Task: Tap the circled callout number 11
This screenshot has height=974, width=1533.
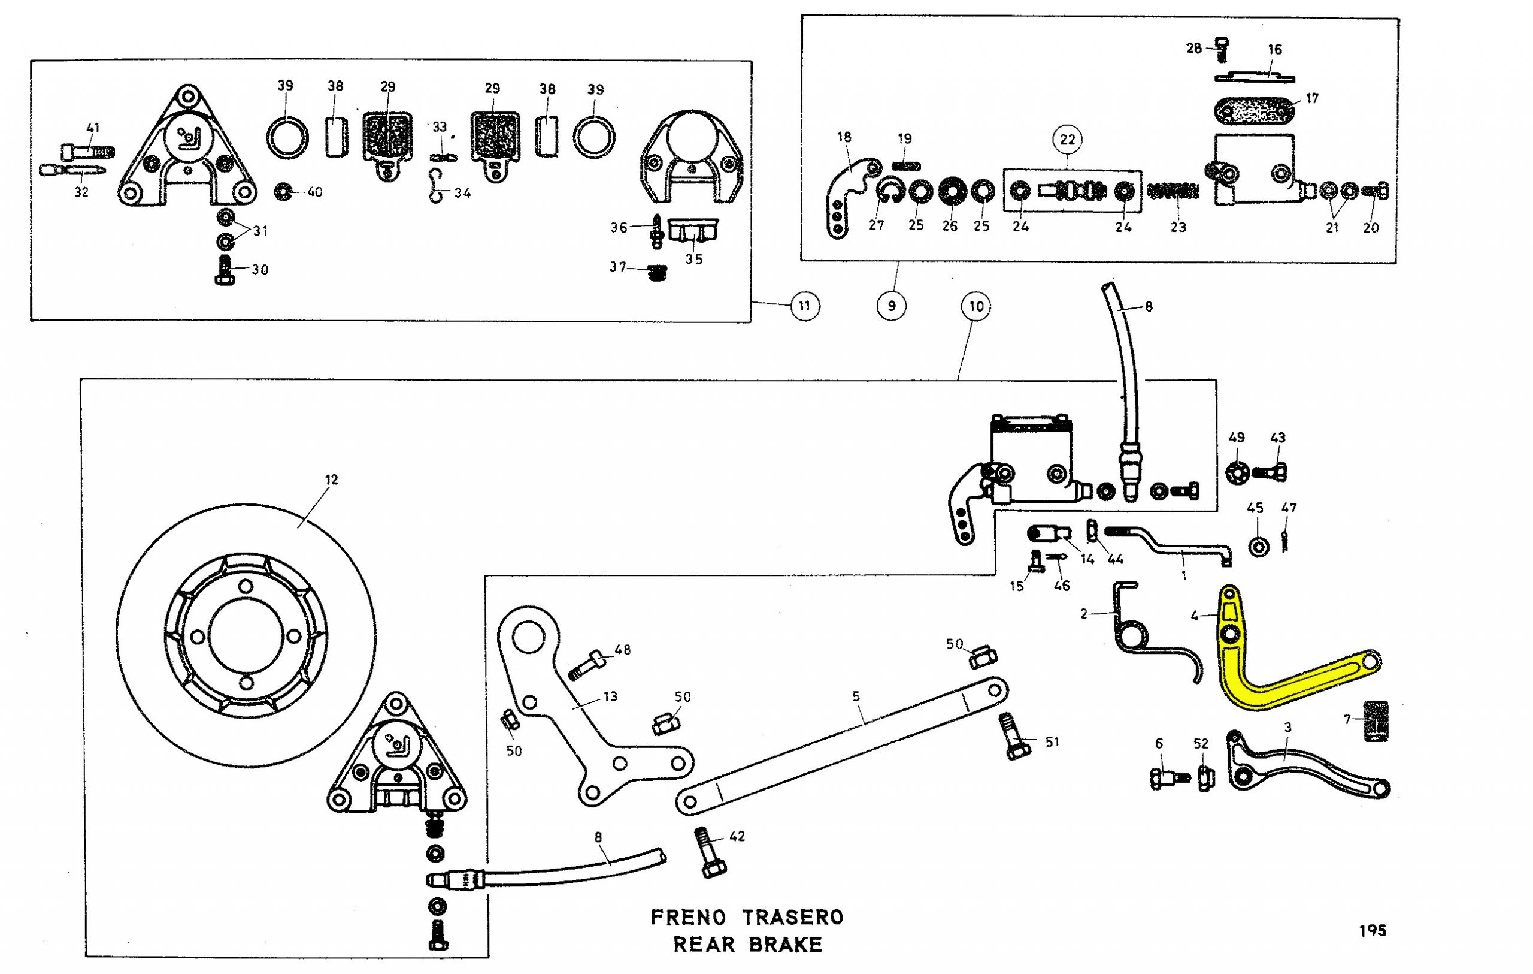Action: point(805,306)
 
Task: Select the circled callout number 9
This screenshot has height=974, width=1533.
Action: point(891,306)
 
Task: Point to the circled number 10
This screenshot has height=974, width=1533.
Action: point(977,306)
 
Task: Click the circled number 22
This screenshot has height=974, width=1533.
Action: point(1068,140)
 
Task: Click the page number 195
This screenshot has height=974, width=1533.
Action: point(1373,931)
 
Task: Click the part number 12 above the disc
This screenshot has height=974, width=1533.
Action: point(331,479)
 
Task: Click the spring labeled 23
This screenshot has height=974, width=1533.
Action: point(1173,191)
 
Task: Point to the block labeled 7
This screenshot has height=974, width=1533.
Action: point(1375,721)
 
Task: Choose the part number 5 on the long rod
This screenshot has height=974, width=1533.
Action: point(856,696)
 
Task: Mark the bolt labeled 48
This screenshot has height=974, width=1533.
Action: point(584,664)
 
